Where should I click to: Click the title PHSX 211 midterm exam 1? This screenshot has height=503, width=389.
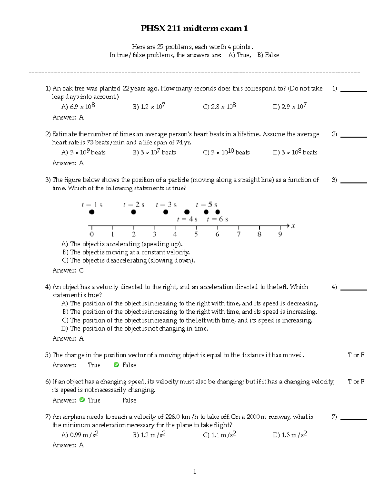194,29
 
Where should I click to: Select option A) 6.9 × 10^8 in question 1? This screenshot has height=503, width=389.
78,107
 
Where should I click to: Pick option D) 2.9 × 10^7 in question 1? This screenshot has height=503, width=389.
289,107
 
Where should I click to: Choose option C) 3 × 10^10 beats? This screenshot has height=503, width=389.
226,152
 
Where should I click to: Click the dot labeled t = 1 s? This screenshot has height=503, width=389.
92,212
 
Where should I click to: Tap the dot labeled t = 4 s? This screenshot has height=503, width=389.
187,212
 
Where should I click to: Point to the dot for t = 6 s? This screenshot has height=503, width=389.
218,212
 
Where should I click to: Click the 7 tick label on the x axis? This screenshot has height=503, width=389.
239,234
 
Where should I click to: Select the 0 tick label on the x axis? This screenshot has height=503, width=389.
92,234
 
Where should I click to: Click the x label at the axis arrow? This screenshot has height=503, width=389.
293,226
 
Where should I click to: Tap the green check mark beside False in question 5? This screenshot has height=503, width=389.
116,365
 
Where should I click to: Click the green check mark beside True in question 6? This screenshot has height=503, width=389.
82,400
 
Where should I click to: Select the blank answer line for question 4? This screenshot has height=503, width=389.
353,289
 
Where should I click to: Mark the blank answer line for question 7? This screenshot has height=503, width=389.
353,419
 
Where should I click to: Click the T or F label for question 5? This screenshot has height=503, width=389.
356,355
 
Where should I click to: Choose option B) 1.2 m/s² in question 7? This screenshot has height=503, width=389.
149,435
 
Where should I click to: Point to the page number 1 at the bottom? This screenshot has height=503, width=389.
194,472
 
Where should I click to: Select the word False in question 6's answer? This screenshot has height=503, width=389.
129,400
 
